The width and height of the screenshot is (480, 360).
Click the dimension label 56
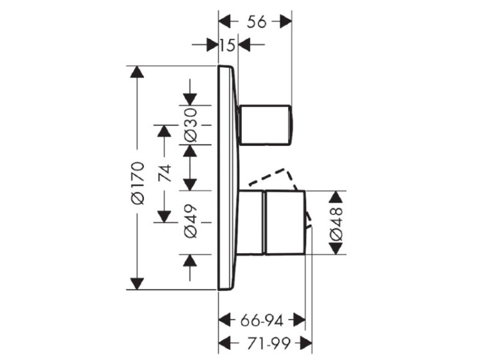click(257, 22)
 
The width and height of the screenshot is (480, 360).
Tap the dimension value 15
click(228, 45)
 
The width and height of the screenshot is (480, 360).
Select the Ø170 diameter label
click(137, 183)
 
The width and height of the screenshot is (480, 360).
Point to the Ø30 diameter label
click(191, 125)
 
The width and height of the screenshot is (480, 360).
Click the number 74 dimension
click(165, 173)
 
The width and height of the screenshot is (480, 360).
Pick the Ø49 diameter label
click(191, 221)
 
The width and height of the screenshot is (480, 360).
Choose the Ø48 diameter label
click(336, 223)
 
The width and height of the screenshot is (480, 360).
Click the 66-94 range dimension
click(262, 321)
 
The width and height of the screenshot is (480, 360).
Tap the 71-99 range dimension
click(268, 343)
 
